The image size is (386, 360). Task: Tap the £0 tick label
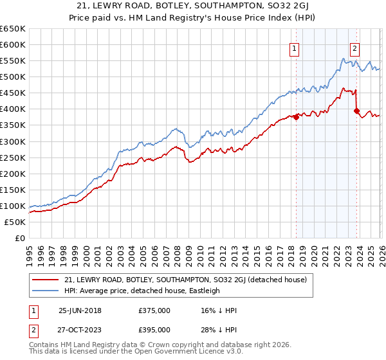[19, 238]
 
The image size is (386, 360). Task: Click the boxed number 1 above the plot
[295, 48]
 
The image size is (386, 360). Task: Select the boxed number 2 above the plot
[354, 48]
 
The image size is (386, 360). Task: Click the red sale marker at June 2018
[297, 117]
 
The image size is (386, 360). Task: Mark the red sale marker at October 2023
[356, 111]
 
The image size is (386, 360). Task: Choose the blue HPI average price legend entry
[142, 291]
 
